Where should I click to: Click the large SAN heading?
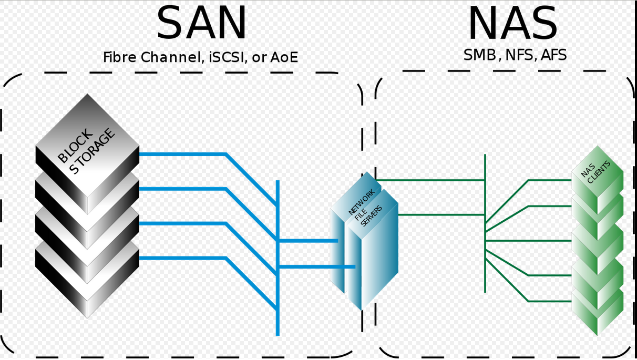(x=201, y=24)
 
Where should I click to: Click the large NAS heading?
(x=512, y=24)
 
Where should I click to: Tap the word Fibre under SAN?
(x=120, y=57)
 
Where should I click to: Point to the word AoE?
(x=284, y=57)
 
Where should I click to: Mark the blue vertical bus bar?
(x=278, y=315)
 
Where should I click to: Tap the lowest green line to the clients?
(x=549, y=301)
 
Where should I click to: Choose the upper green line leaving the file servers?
(x=431, y=180)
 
